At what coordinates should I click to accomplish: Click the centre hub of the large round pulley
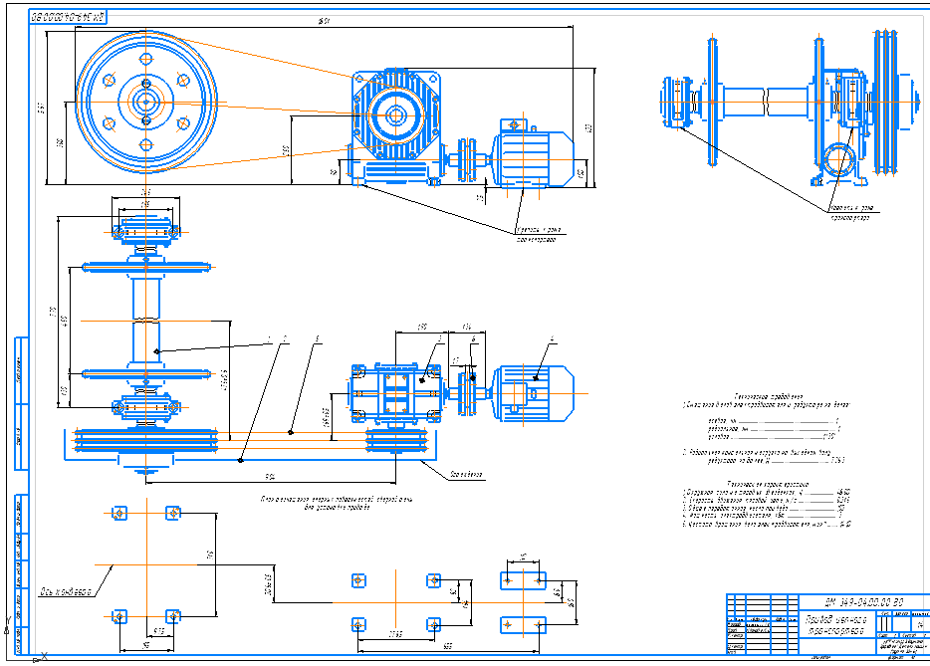pyautogui.click(x=146, y=102)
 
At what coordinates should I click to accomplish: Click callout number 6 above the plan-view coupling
pyautogui.click(x=474, y=339)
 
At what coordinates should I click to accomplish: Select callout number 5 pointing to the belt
pyautogui.click(x=317, y=340)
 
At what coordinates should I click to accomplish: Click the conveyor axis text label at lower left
pyautogui.click(x=67, y=592)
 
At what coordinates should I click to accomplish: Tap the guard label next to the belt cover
pyautogui.click(x=465, y=475)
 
